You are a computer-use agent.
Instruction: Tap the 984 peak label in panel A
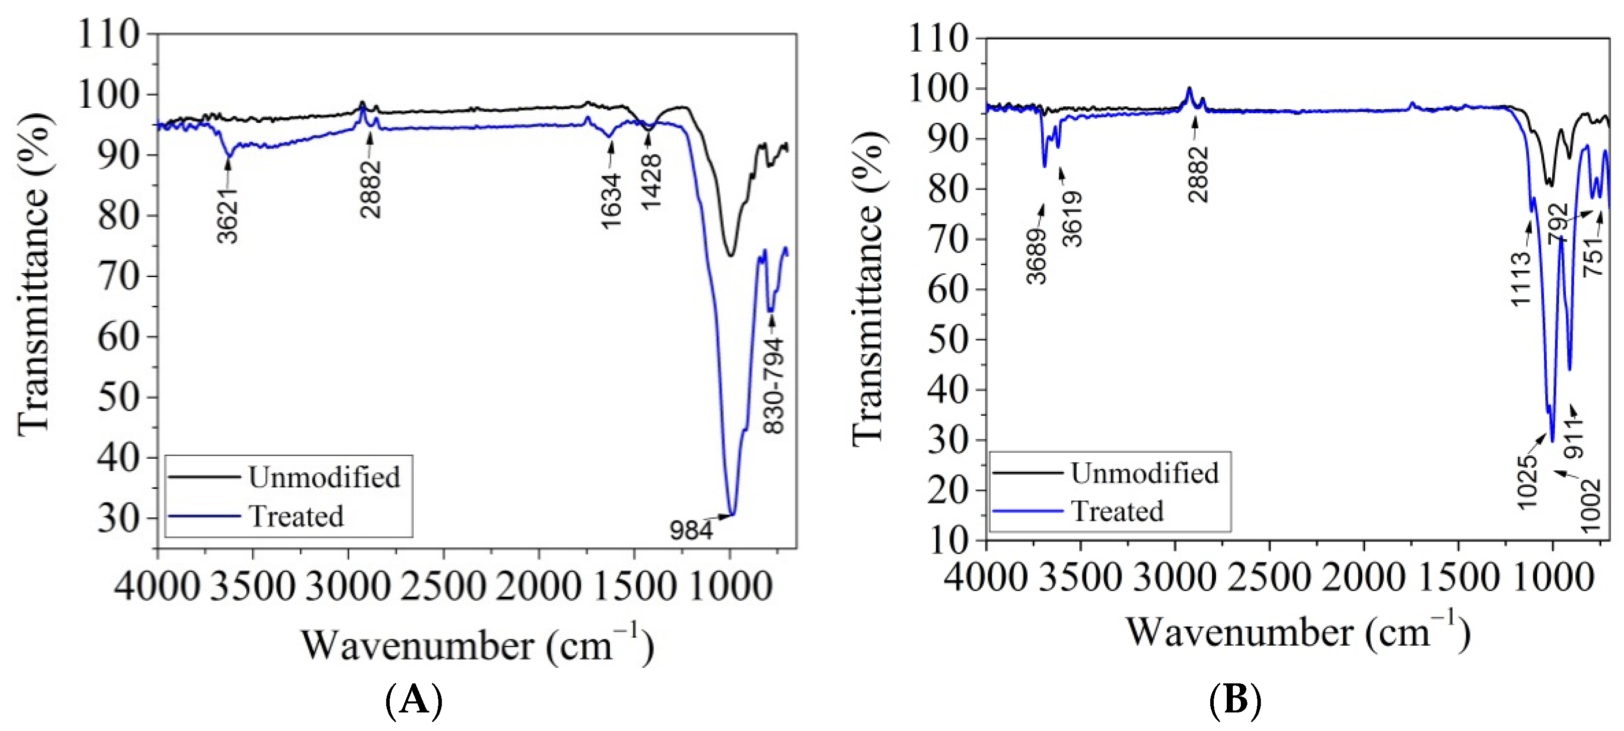pos(691,530)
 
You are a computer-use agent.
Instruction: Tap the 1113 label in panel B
pos(1521,279)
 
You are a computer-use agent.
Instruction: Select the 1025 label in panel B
pos(1528,483)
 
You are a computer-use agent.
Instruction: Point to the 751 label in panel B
pos(1594,255)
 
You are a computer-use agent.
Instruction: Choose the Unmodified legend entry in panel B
pos(1144,473)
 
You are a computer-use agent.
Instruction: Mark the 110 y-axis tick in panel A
pos(108,35)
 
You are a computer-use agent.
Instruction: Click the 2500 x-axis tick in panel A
pos(444,586)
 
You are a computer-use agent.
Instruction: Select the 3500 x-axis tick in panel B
pos(1080,577)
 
